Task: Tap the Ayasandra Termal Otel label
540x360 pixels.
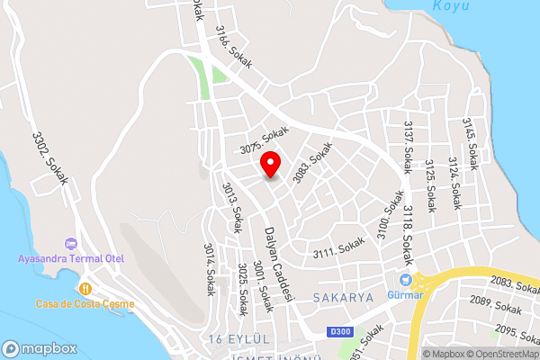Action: click(71, 259)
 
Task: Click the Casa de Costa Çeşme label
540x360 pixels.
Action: click(85, 303)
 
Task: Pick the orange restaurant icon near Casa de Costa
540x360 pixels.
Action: click(85, 289)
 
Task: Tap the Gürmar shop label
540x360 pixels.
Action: click(407, 294)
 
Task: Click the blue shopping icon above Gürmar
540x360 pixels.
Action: click(407, 280)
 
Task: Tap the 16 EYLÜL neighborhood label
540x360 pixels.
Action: click(239, 337)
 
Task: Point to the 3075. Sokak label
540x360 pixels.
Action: click(264, 138)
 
